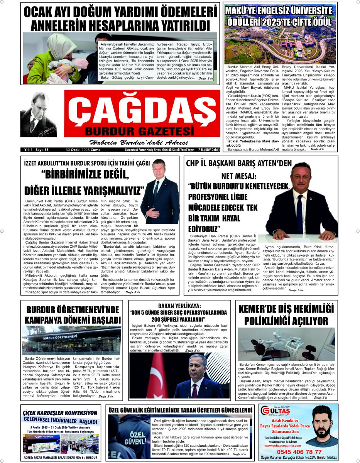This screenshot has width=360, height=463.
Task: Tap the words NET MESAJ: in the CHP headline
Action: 239,177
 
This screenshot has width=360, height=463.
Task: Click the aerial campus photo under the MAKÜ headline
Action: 281,45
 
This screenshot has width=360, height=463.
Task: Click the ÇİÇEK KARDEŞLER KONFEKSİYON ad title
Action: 60,412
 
